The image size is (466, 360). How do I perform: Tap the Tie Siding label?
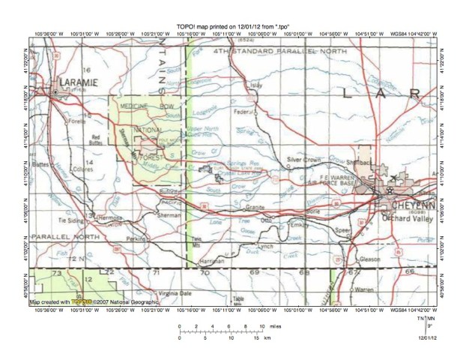tap(70, 220)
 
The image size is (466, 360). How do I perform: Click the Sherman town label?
tap(171, 214)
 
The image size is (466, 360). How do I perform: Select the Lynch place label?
tap(265, 245)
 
